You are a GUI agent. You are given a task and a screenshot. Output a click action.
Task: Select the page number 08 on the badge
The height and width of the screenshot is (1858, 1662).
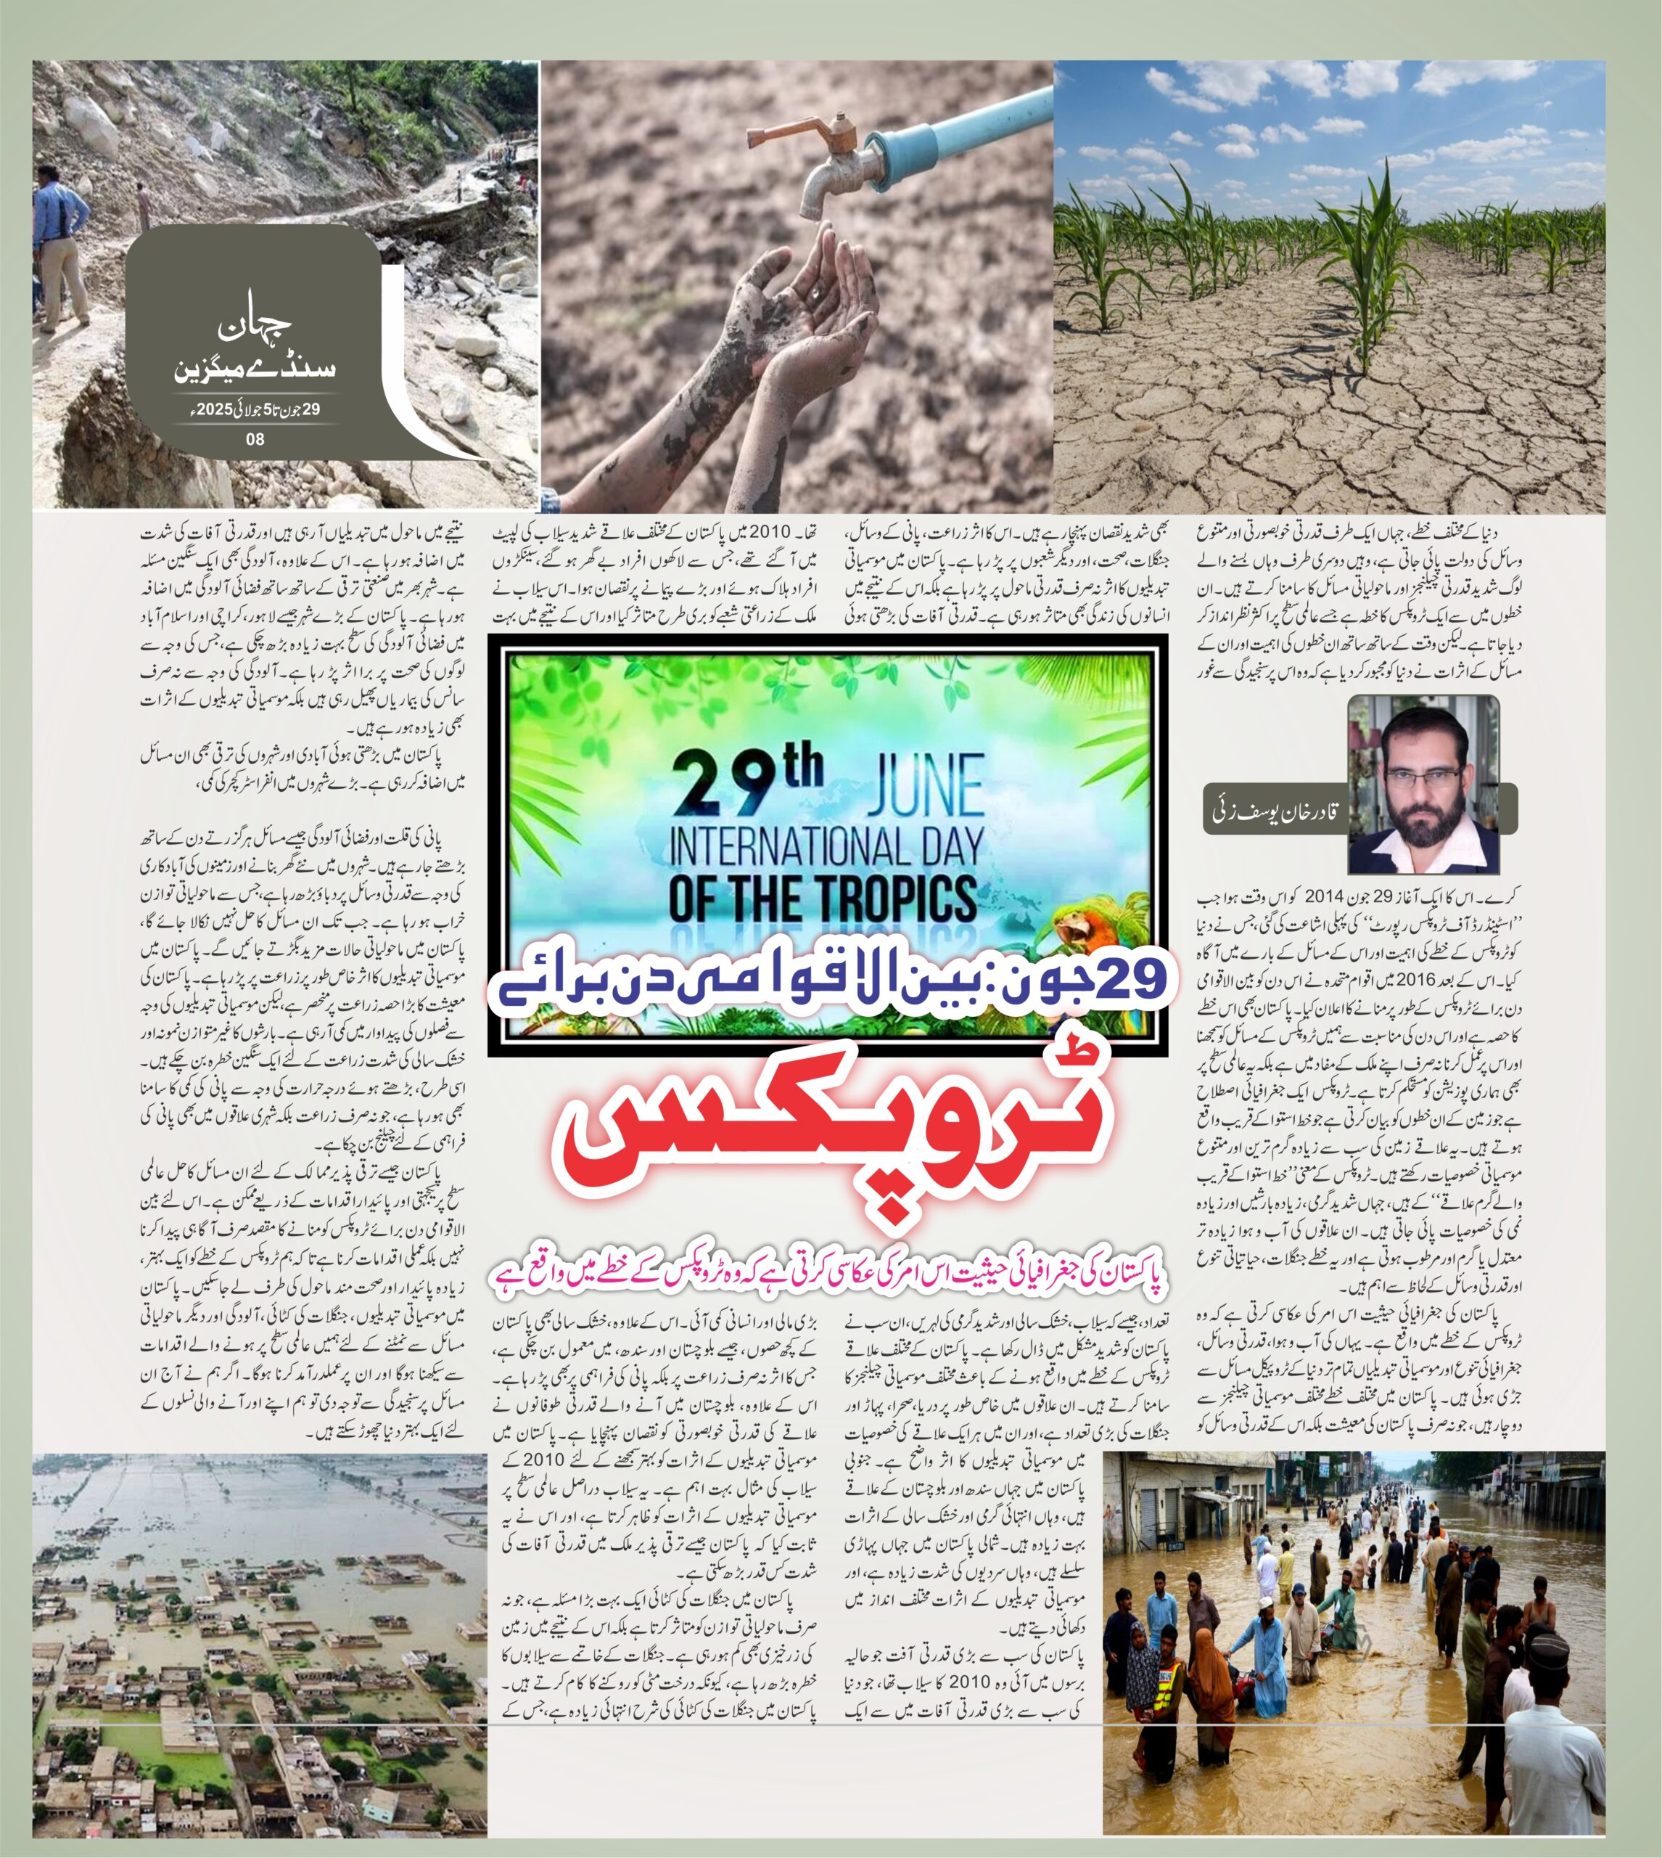(x=255, y=439)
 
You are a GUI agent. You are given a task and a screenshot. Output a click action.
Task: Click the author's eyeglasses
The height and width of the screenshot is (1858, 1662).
(x=1422, y=777)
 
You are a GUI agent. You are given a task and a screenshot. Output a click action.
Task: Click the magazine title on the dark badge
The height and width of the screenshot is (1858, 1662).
(x=255, y=352)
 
